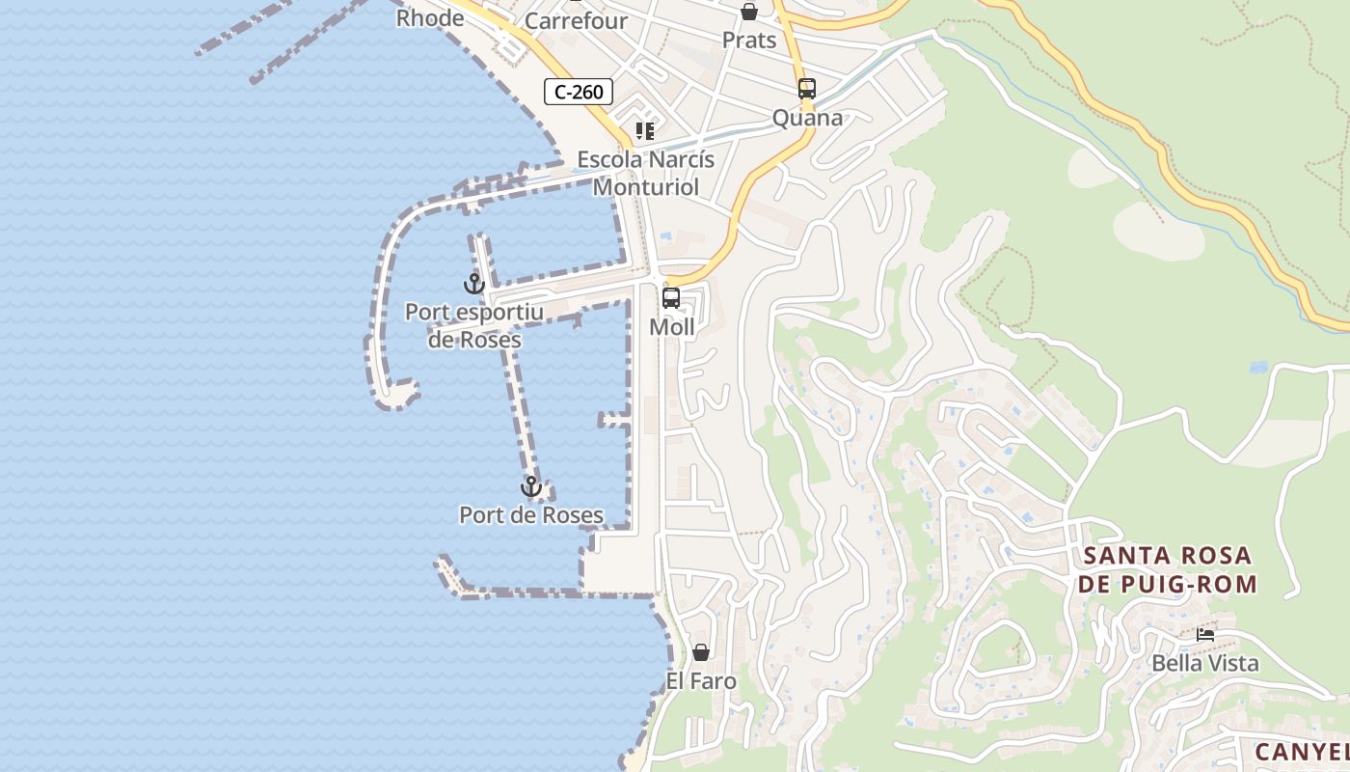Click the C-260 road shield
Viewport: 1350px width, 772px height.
point(579,93)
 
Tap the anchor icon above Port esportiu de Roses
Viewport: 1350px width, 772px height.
point(473,284)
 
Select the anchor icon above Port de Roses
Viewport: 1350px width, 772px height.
point(530,486)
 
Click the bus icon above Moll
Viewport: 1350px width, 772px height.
point(671,298)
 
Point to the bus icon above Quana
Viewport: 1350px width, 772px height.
point(807,89)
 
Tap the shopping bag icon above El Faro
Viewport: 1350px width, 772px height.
point(701,652)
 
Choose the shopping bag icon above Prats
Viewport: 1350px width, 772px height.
point(749,12)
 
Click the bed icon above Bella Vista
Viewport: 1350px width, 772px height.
point(1205,634)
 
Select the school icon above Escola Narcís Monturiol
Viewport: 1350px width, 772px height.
point(645,130)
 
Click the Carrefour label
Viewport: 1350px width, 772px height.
point(576,20)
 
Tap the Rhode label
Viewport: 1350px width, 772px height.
point(430,17)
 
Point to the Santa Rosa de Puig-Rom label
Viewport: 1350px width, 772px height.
point(1168,569)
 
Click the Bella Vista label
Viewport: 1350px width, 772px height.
point(1205,663)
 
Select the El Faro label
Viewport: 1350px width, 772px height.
point(701,681)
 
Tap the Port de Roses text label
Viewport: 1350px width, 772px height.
point(531,514)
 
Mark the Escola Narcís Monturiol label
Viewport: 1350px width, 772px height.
point(645,173)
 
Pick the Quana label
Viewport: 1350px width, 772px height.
point(807,118)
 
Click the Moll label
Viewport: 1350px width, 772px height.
point(672,327)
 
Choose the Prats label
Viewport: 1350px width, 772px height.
point(749,40)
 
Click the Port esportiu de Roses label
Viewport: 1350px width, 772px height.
point(474,325)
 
